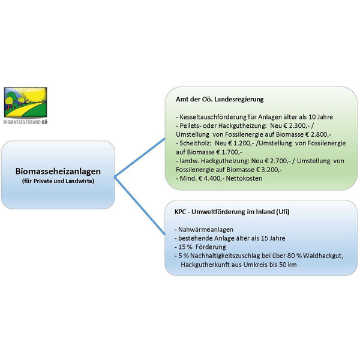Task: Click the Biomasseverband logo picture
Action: pyautogui.click(x=25, y=103)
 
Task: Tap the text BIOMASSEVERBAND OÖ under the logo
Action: pyautogui.click(x=25, y=122)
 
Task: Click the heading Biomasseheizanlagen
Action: pyautogui.click(x=58, y=172)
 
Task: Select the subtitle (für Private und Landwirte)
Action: pyautogui.click(x=58, y=181)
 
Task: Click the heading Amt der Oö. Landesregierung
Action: pyautogui.click(x=220, y=100)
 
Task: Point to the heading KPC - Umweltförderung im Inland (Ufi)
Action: pyautogui.click(x=232, y=212)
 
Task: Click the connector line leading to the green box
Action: pyautogui.click(x=140, y=157)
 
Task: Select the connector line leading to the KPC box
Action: pyautogui.click(x=140, y=206)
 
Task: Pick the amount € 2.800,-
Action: pyautogui.click(x=318, y=134)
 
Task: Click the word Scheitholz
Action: pyautogui.click(x=195, y=143)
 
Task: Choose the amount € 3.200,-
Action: pyautogui.click(x=269, y=170)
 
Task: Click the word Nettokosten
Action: pyautogui.click(x=244, y=178)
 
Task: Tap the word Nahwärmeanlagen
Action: pyautogui.click(x=206, y=230)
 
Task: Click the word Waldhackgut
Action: pyautogui.click(x=323, y=256)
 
